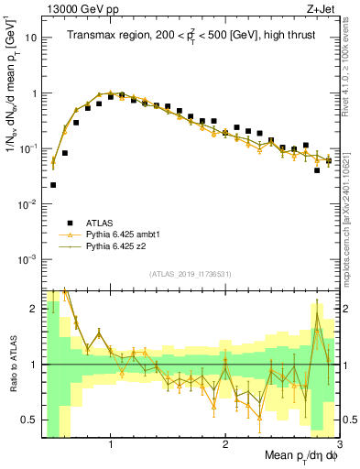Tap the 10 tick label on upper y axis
tap(30, 38)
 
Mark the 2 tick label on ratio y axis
tap(33, 309)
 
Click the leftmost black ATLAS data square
tap(53, 185)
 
